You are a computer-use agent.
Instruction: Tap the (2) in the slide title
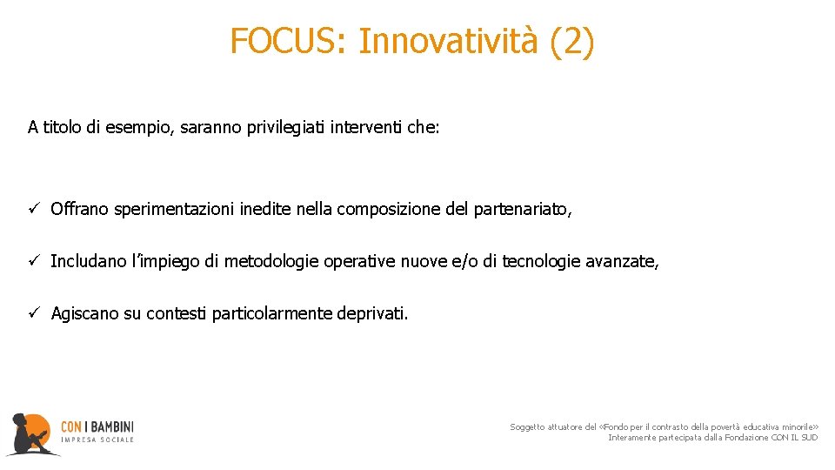coord(572,41)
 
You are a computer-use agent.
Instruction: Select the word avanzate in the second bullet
coord(623,261)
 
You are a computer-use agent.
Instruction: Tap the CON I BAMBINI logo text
coord(97,427)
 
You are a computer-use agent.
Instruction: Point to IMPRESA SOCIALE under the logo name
coord(97,440)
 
